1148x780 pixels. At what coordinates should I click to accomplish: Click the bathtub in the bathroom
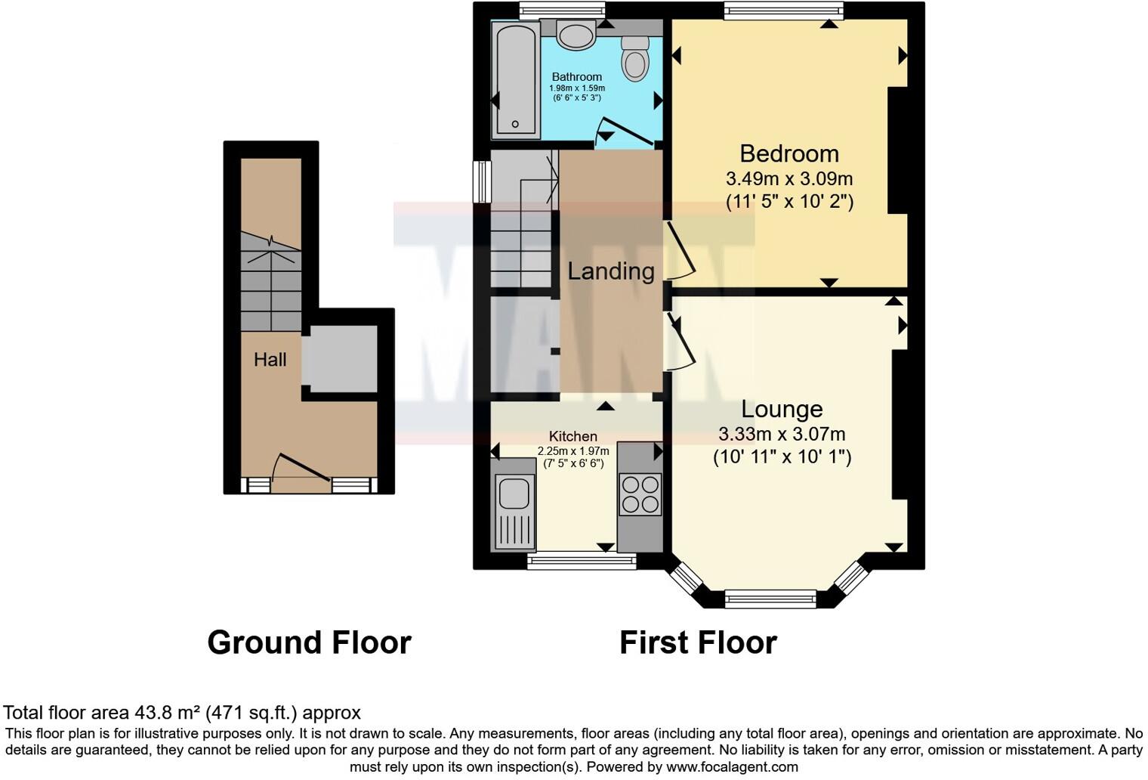click(x=516, y=79)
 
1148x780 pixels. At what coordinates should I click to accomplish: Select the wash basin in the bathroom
click(x=577, y=35)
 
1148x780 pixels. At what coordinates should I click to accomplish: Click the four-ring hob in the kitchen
click(x=640, y=494)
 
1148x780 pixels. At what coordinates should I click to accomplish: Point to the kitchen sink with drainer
click(x=514, y=503)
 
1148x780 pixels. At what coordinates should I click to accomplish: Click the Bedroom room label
click(x=789, y=153)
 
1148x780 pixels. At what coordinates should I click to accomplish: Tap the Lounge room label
click(x=782, y=409)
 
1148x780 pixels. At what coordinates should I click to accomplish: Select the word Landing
click(x=611, y=271)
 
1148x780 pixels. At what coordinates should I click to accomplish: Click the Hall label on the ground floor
click(x=270, y=360)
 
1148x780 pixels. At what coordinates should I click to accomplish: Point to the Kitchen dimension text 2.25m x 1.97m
click(x=573, y=451)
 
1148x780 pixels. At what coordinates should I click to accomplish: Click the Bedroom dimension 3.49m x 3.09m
click(x=789, y=179)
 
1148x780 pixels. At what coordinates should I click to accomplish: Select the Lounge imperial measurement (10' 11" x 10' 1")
click(x=782, y=457)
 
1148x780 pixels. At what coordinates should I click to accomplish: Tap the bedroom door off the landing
click(x=680, y=249)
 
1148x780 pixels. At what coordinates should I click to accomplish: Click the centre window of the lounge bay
click(x=770, y=599)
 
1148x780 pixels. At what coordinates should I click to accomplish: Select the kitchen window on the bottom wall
click(x=582, y=561)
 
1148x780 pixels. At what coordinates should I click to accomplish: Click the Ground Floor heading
click(x=309, y=642)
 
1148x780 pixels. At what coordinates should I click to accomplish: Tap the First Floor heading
click(x=698, y=642)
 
